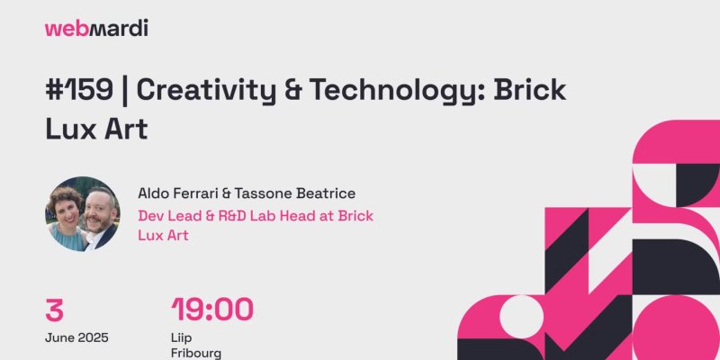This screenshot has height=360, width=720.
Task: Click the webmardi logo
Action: (x=96, y=29)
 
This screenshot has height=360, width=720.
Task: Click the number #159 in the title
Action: (x=79, y=89)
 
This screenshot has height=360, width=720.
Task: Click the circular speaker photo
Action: (x=83, y=214)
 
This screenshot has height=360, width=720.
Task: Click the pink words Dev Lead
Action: (x=165, y=216)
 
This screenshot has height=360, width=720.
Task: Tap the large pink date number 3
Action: (x=54, y=310)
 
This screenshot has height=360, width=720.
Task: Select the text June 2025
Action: (x=76, y=338)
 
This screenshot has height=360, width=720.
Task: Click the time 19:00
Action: (x=212, y=310)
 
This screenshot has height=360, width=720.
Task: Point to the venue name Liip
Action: (x=182, y=338)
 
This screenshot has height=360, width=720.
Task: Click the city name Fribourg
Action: (x=196, y=354)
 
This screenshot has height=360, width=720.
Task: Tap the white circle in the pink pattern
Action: (x=521, y=317)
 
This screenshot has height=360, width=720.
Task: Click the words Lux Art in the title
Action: (x=96, y=130)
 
